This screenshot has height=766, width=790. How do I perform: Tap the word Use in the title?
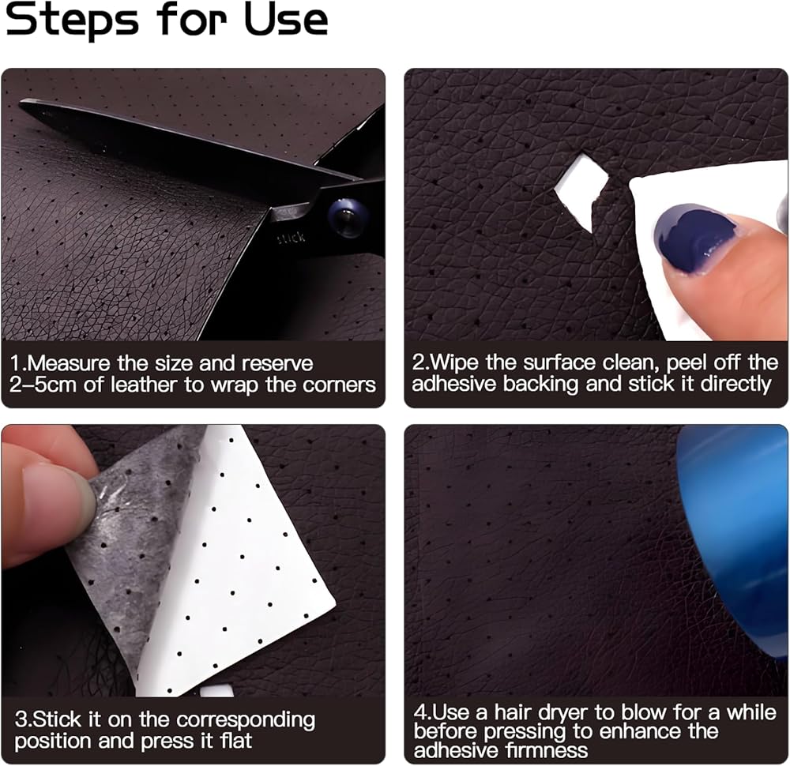coord(286,21)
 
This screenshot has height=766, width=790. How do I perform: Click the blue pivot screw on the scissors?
coord(346,218)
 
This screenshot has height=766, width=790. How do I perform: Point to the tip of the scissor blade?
coord(21,103)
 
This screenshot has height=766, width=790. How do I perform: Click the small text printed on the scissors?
coord(292,237)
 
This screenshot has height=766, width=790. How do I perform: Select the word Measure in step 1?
coord(69,363)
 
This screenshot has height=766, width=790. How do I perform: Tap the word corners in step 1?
coord(339,385)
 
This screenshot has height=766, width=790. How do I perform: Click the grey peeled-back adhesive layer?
coord(129,549)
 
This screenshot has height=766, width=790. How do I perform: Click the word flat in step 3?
coord(236,741)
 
